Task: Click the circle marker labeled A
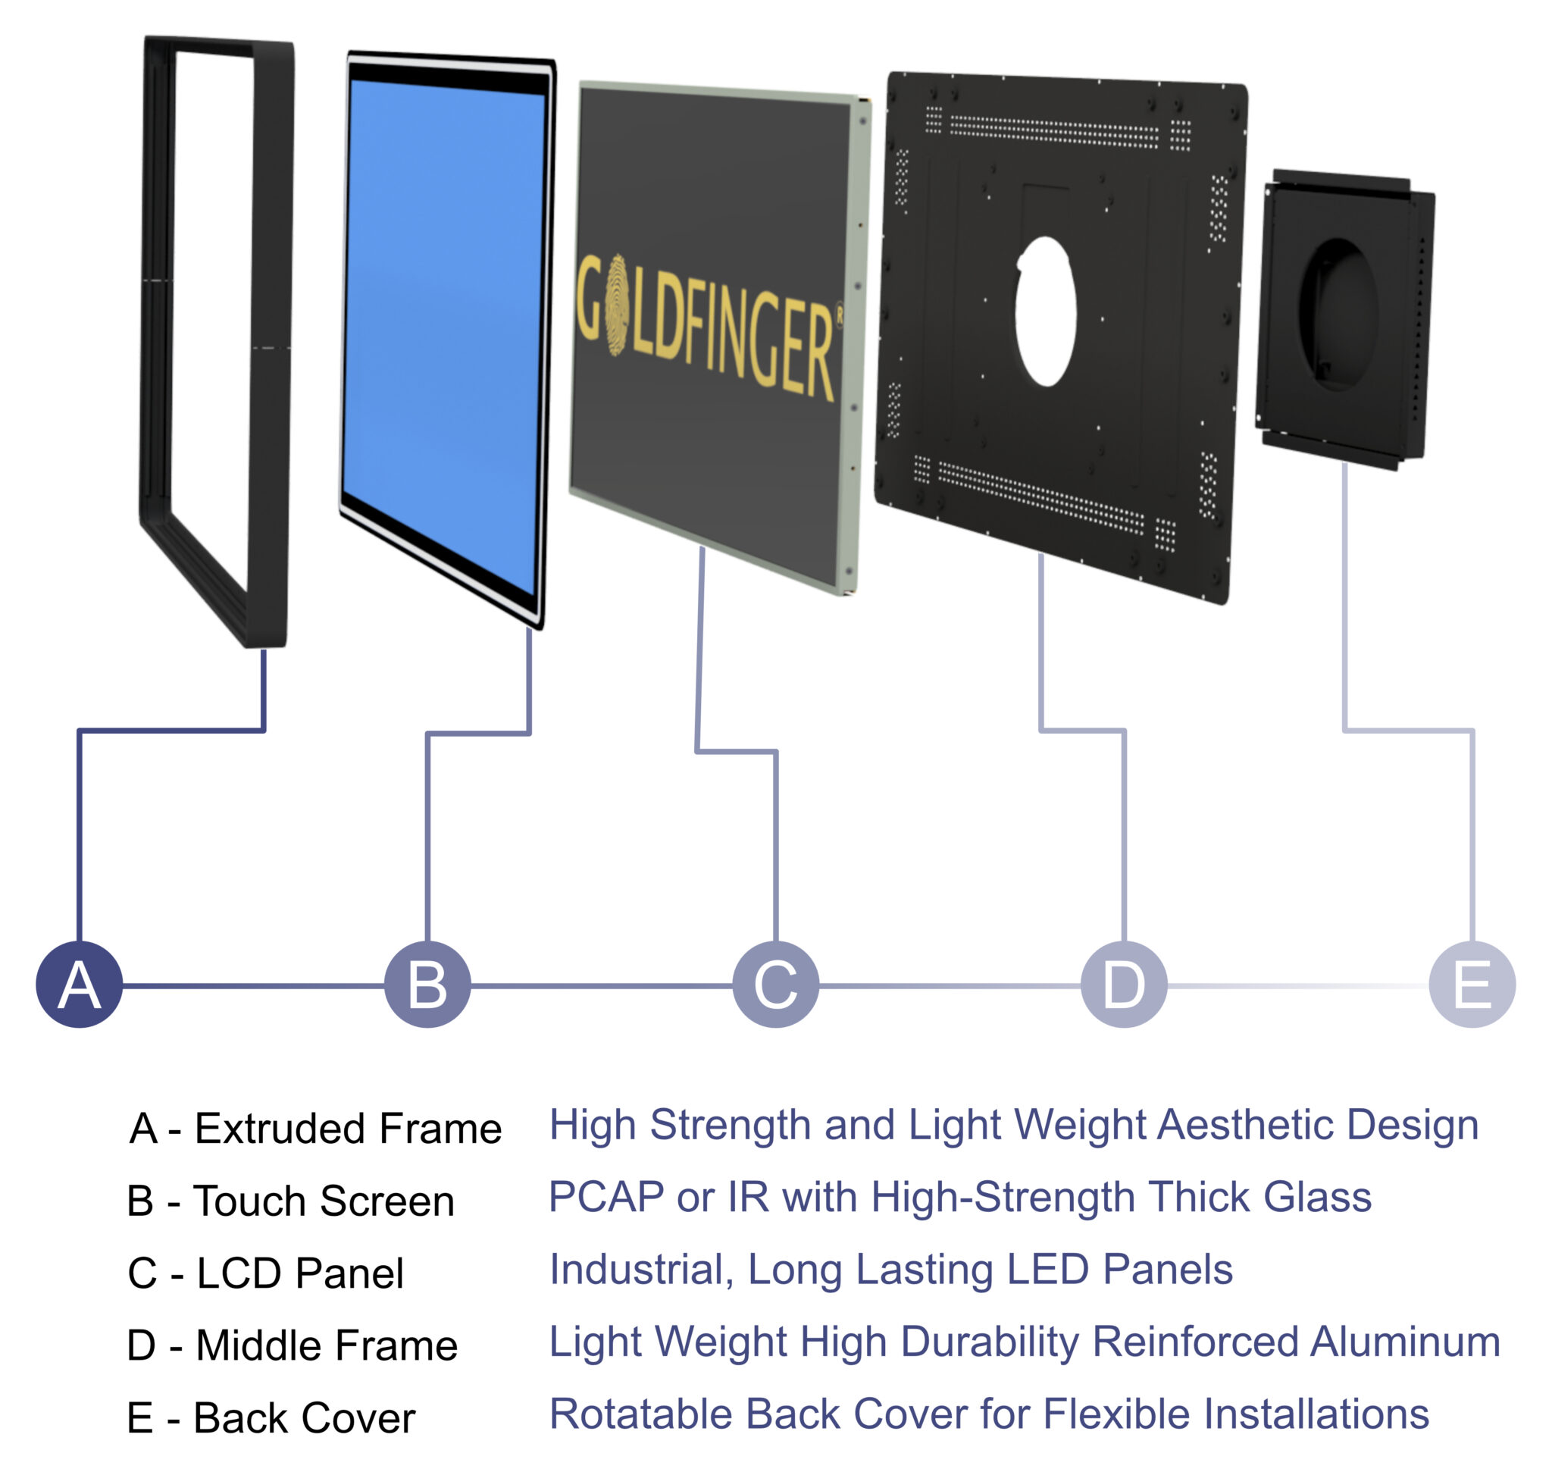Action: pyautogui.click(x=80, y=984)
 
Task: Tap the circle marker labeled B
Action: pyautogui.click(x=427, y=984)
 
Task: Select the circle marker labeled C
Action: pyautogui.click(x=776, y=984)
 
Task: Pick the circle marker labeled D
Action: pyautogui.click(x=1125, y=984)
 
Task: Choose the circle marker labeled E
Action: pyautogui.click(x=1472, y=984)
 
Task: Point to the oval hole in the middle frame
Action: pyautogui.click(x=1045, y=312)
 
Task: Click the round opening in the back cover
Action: pyautogui.click(x=1338, y=315)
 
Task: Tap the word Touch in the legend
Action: pyautogui.click(x=249, y=1201)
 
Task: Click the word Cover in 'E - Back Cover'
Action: pyautogui.click(x=358, y=1418)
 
